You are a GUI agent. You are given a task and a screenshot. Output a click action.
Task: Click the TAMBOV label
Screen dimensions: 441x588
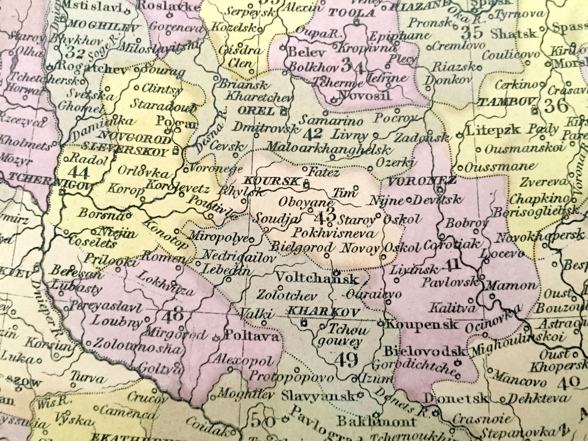coord(503,102)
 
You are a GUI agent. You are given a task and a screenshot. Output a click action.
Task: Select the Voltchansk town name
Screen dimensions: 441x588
coord(317,279)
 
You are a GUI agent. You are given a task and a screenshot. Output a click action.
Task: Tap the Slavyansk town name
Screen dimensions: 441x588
coord(318,396)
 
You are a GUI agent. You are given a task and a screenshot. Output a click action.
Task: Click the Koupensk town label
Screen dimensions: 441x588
coord(422,325)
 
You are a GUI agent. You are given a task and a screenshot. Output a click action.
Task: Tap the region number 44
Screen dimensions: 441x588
coord(78,171)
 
